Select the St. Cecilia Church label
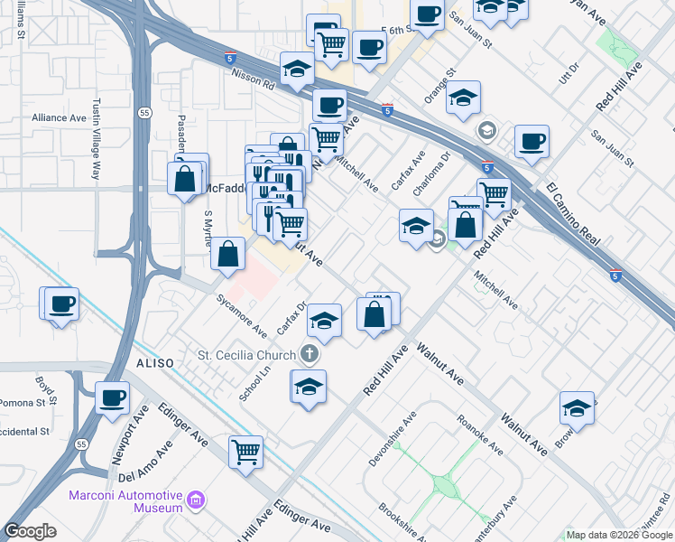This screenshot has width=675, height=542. (x=248, y=353)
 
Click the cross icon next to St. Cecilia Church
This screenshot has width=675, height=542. (x=310, y=353)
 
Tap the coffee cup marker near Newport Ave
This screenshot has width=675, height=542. (x=113, y=397)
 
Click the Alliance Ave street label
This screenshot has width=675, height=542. (x=59, y=117)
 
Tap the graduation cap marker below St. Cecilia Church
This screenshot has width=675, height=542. (x=309, y=386)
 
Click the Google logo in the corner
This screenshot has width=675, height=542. (x=30, y=531)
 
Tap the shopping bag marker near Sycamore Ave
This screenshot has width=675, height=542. (x=228, y=255)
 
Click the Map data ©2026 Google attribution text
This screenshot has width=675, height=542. (x=619, y=535)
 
